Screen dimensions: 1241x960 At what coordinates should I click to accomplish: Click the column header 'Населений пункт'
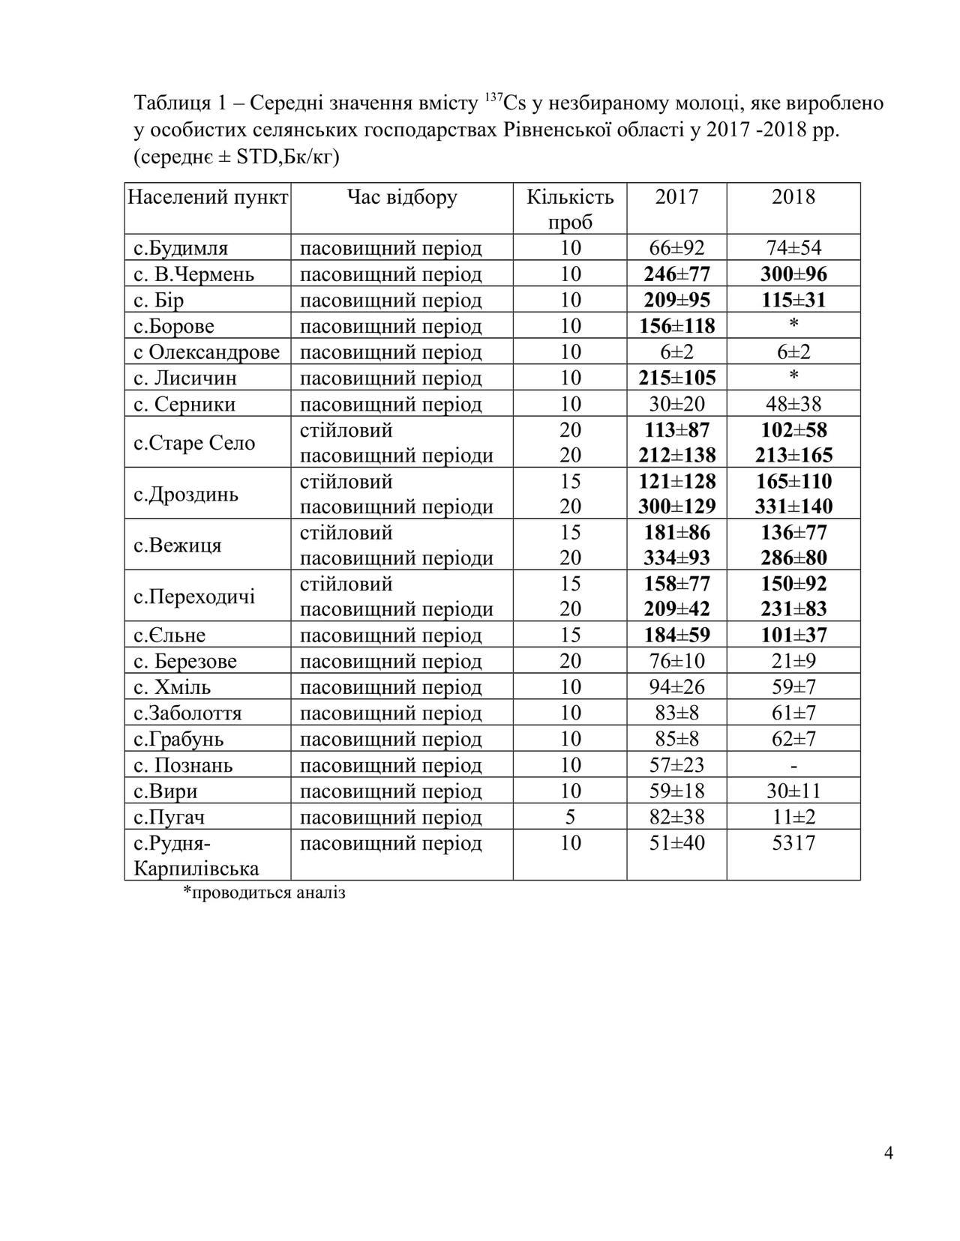(x=207, y=198)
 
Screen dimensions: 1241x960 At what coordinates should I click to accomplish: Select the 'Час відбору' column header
(x=402, y=198)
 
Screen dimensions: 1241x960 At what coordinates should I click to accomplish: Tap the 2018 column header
(x=793, y=198)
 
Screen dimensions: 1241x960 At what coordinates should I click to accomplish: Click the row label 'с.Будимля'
(x=181, y=248)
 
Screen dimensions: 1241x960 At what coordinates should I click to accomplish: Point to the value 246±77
(x=676, y=274)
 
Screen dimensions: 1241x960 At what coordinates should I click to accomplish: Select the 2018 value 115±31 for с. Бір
(x=793, y=301)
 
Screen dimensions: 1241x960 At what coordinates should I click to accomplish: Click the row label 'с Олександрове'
(x=207, y=352)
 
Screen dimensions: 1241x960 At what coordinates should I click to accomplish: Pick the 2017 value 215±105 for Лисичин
(x=676, y=378)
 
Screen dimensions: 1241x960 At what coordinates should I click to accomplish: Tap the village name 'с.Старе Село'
(x=194, y=443)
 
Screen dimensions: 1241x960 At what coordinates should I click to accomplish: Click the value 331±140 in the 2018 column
(x=793, y=507)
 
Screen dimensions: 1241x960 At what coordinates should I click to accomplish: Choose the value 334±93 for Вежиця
(x=676, y=558)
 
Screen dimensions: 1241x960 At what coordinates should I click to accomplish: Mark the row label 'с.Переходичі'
(x=194, y=597)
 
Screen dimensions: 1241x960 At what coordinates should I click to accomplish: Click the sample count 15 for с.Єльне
(x=570, y=635)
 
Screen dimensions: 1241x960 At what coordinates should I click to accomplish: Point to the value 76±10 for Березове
(x=676, y=661)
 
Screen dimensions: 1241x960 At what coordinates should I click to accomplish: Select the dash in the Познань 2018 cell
(x=793, y=765)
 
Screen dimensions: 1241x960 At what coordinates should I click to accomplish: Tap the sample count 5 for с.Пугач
(x=570, y=817)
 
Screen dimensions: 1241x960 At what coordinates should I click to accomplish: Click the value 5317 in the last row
(x=793, y=843)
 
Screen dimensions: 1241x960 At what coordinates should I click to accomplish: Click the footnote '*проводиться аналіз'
(x=264, y=893)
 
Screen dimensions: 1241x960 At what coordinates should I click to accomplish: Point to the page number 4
(x=889, y=1153)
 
